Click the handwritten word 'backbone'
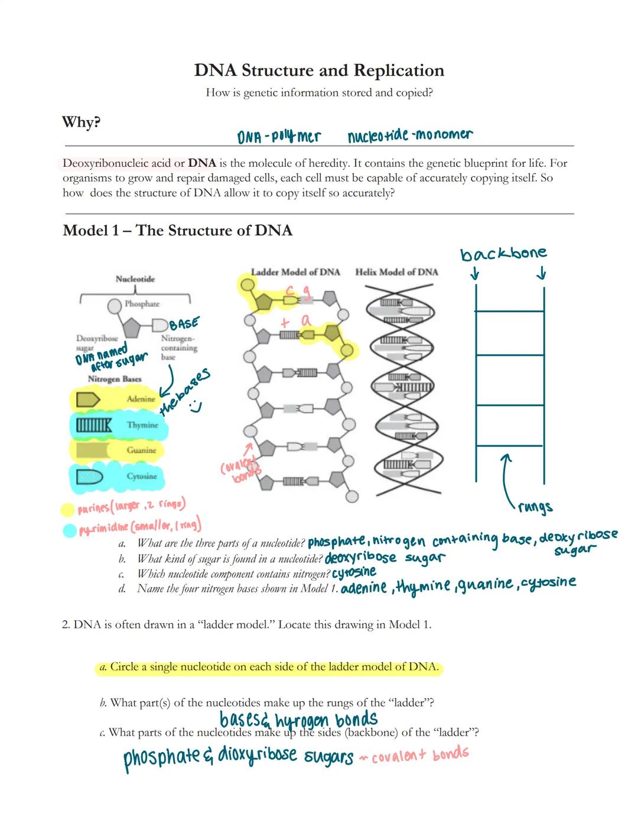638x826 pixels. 503,254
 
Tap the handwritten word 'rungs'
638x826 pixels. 535,507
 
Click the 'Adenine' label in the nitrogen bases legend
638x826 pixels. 141,399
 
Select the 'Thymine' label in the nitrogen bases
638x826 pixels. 142,425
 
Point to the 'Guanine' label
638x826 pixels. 141,451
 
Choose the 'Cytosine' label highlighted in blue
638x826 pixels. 142,477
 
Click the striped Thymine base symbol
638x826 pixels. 94,425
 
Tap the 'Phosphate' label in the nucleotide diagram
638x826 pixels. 142,304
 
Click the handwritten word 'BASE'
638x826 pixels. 184,323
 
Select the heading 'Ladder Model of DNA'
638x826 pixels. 295,272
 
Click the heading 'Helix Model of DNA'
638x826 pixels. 396,272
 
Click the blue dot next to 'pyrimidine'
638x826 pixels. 70,530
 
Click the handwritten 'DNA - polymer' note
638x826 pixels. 279,137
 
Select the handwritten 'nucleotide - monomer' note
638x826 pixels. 410,135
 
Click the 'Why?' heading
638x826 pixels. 82,122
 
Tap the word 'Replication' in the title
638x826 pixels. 399,70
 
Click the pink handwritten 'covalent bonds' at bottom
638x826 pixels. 420,755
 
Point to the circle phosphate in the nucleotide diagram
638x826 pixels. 115,306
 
